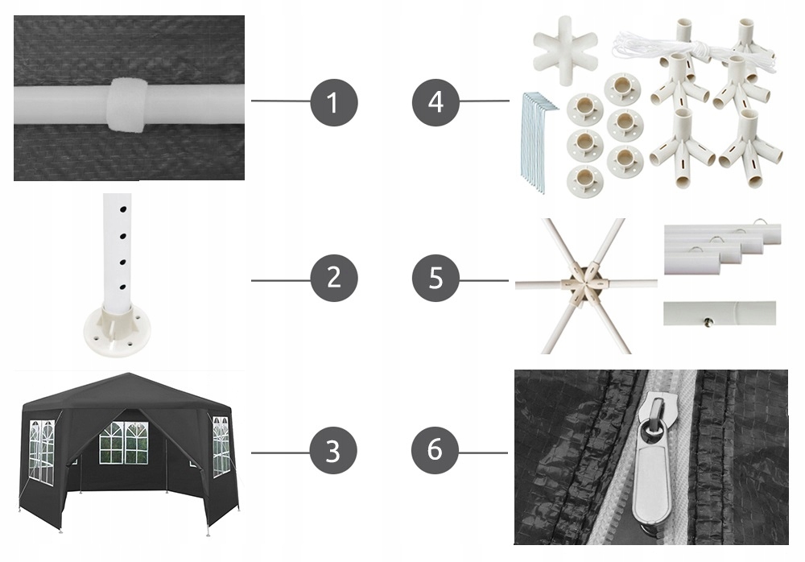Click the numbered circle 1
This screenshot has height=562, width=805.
tap(334, 102)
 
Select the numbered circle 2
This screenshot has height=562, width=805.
tap(334, 278)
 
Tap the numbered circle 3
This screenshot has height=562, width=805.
tap(333, 452)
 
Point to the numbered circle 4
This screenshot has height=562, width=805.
tap(436, 102)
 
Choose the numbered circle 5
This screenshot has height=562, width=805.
tap(436, 278)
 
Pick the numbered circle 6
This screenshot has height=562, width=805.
tap(435, 451)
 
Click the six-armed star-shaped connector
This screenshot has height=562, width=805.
tap(565, 51)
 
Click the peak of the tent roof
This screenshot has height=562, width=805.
tap(128, 374)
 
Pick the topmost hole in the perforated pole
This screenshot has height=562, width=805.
tap(123, 209)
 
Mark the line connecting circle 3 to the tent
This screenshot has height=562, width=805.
tap(280, 452)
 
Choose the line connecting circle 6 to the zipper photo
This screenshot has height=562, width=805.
tap(482, 452)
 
